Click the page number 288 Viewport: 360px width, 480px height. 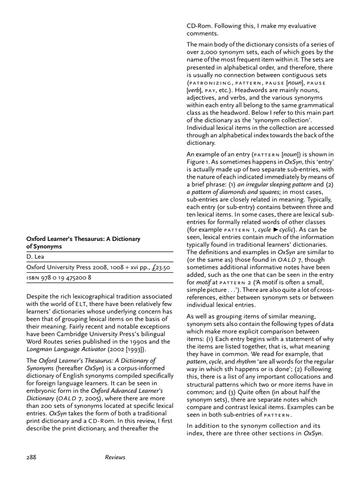pos(32,457)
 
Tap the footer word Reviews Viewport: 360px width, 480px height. pos(115,457)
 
